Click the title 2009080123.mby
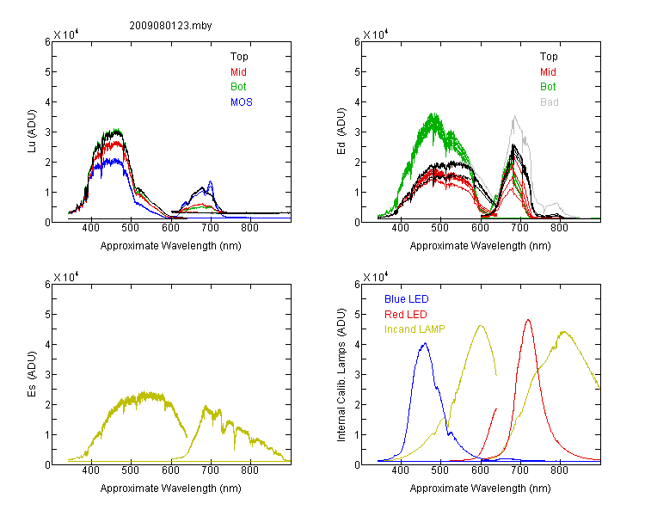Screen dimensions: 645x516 click(170, 26)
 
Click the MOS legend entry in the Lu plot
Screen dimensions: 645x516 click(242, 102)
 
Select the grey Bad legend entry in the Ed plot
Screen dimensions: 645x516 click(550, 102)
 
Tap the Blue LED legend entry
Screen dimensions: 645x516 click(407, 299)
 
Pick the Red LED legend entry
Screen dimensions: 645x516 click(406, 315)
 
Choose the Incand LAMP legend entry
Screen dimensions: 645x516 click(415, 329)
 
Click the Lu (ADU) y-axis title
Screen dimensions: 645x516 click(32, 132)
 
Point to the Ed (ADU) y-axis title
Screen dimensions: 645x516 click(341, 132)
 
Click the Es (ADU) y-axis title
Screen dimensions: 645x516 click(32, 374)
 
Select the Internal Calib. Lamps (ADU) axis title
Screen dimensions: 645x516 click(341, 375)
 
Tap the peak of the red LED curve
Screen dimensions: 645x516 click(528, 320)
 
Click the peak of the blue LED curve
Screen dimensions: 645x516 click(426, 343)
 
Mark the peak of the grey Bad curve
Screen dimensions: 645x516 click(514, 116)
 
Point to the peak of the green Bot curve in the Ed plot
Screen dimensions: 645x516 click(433, 114)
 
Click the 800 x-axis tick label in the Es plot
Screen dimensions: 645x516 click(249, 470)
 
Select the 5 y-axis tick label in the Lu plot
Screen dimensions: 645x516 click(47, 71)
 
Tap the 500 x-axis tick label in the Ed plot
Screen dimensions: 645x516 click(439, 228)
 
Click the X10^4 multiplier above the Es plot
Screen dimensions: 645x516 click(66, 277)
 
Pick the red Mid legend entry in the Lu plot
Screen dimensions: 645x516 click(238, 72)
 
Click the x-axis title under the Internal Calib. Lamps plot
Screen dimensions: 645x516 click(480, 488)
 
